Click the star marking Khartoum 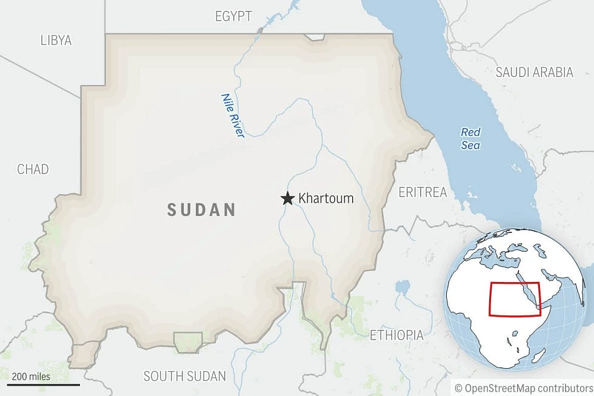click(x=287, y=199)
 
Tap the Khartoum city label click(x=325, y=199)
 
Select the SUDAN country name click(x=201, y=210)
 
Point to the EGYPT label click(x=233, y=16)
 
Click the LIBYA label click(x=56, y=41)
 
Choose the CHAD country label click(x=33, y=169)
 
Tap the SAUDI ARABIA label click(x=534, y=72)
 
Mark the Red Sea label click(x=470, y=138)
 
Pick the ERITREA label click(x=422, y=192)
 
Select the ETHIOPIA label click(x=396, y=334)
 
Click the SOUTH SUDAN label click(x=184, y=376)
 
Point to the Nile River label click(x=232, y=115)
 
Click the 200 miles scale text click(x=31, y=377)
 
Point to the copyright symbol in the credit click(x=459, y=387)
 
